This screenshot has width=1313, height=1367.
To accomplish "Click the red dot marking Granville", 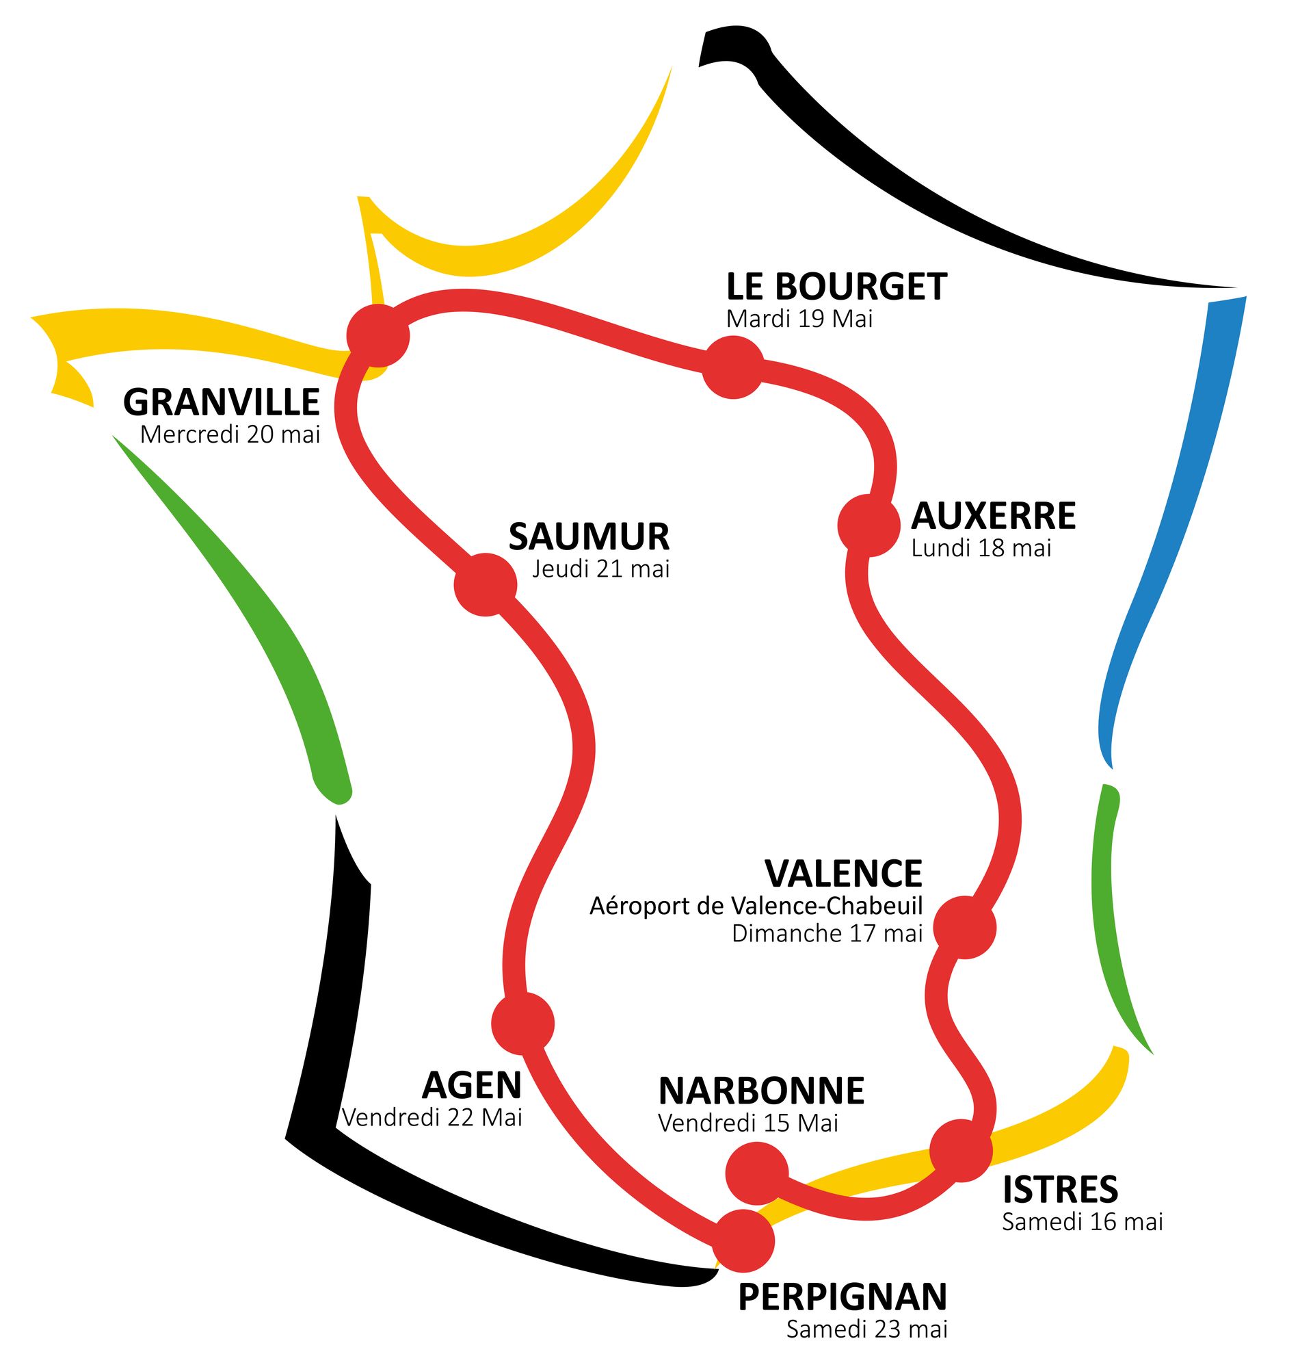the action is pos(377,335).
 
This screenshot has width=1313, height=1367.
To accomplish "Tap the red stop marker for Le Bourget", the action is pos(733,367).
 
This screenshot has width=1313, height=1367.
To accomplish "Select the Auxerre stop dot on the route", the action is pos(868,526).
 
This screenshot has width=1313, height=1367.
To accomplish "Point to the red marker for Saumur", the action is pos(486,584).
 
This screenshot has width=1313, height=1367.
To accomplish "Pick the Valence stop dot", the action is pos(965,928).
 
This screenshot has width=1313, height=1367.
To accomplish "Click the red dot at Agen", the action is pos(523,1024).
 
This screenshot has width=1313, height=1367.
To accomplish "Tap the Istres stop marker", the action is pos(961,1151).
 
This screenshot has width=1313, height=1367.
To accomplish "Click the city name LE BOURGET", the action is pos(837,287).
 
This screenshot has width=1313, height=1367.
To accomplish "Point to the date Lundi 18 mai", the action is pos(981,548).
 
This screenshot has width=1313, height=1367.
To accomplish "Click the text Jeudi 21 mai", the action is pos(601,569).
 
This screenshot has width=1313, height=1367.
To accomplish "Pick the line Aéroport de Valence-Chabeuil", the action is pos(756,906).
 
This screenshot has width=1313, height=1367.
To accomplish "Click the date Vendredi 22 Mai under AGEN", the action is pos(432,1117).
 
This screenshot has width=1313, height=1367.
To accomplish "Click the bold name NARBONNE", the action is pos(761,1091).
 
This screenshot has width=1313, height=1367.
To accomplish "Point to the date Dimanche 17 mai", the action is pos(827,934).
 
